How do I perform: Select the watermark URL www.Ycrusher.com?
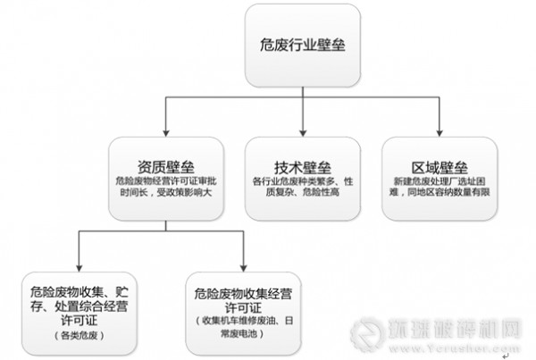pyautogui.click(x=473, y=346)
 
